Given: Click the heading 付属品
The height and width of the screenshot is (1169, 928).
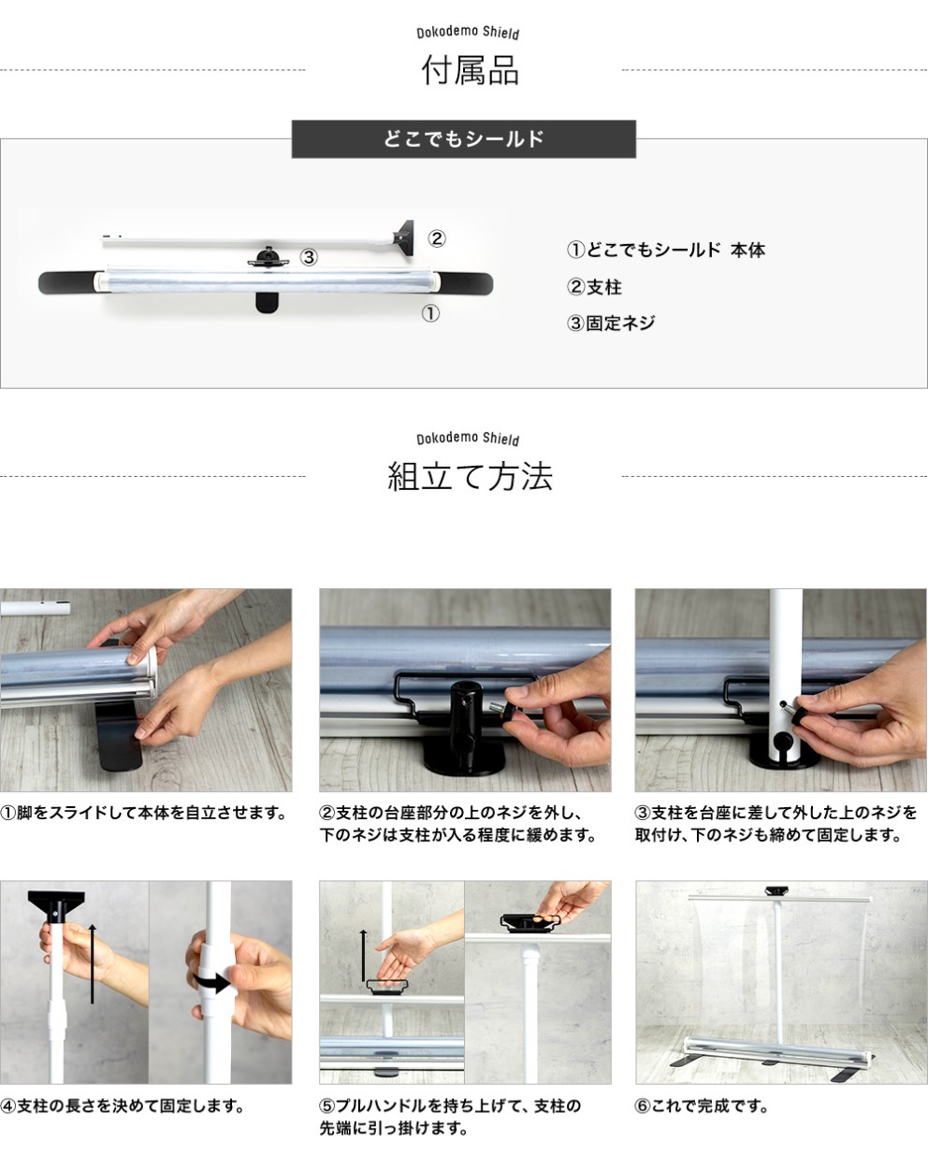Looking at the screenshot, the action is pyautogui.click(x=470, y=71).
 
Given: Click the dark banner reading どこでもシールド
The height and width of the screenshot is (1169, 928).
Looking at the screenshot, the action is pyautogui.click(x=463, y=139).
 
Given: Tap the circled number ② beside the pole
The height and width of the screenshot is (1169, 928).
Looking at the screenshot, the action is pyautogui.click(x=437, y=238).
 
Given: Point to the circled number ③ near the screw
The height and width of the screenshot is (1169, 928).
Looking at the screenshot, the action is pyautogui.click(x=309, y=257).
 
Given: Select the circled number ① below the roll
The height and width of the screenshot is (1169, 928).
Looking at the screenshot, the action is pyautogui.click(x=430, y=313).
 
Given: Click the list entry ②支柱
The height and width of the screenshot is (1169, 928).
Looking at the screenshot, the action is pyautogui.click(x=594, y=287).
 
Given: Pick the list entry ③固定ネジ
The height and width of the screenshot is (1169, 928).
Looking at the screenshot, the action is pyautogui.click(x=611, y=324).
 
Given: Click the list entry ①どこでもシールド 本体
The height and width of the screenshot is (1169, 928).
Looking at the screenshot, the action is pyautogui.click(x=665, y=251).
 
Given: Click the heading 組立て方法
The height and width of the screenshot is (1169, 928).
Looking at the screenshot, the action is pyautogui.click(x=470, y=476).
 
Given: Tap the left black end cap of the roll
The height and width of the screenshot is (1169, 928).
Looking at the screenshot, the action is pyautogui.click(x=66, y=282).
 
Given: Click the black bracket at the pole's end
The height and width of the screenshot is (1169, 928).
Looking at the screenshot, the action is pyautogui.click(x=404, y=238).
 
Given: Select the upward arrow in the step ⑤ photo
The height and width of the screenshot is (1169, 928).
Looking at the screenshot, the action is pyautogui.click(x=364, y=955).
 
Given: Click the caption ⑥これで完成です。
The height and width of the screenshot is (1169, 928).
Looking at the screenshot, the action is pyautogui.click(x=701, y=1105).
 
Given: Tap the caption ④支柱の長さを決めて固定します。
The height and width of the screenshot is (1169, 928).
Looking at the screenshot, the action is pyautogui.click(x=122, y=1105).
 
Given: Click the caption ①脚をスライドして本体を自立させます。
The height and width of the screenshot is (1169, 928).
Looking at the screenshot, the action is pyautogui.click(x=143, y=813).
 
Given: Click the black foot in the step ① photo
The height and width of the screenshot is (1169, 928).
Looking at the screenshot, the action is pyautogui.click(x=119, y=735).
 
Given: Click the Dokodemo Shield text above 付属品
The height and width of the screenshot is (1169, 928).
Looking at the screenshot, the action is pyautogui.click(x=468, y=33).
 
